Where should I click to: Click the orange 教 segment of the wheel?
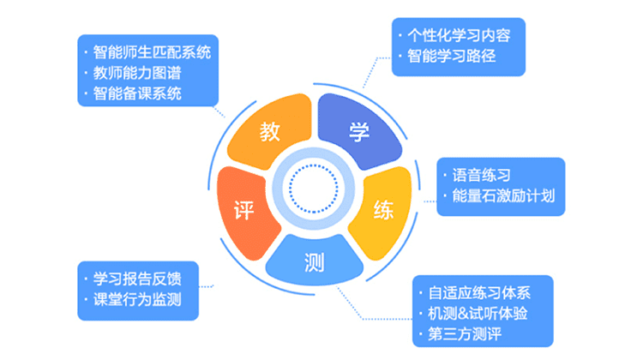(x=269, y=131)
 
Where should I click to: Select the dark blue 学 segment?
(x=359, y=131)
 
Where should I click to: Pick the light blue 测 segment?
(x=314, y=261)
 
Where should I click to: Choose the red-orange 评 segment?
(x=244, y=212)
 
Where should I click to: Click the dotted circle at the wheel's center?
(x=314, y=189)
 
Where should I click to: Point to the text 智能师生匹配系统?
(x=152, y=52)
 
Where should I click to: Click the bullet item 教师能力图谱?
(x=137, y=73)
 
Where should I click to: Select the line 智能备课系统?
(x=137, y=93)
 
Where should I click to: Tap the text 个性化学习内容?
(x=459, y=36)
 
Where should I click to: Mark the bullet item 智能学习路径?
(x=452, y=57)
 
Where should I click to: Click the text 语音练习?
(x=482, y=175)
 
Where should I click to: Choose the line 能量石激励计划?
(x=503, y=195)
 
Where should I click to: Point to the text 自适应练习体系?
(x=479, y=293)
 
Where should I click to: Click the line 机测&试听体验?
(x=478, y=313)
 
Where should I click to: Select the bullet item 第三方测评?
(x=465, y=333)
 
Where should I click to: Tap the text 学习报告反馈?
(x=137, y=279)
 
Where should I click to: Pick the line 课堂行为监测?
(x=137, y=299)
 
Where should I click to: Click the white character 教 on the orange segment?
(x=269, y=132)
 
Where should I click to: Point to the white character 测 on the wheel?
(x=314, y=262)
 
